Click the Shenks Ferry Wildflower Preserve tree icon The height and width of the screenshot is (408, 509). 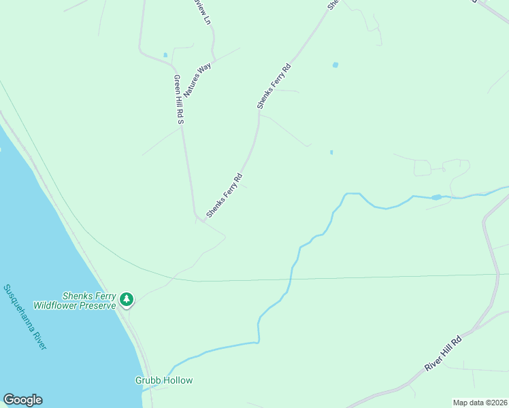[x=126, y=299]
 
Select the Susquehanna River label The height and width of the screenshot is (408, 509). [x=24, y=317]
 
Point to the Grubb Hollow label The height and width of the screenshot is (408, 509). [x=163, y=381]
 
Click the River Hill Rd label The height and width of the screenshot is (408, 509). [x=444, y=354]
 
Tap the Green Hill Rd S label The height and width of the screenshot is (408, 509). [x=179, y=99]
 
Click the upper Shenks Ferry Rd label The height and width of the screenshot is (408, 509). [x=274, y=86]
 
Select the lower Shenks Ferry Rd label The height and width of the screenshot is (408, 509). [x=225, y=196]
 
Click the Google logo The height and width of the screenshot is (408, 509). [x=22, y=400]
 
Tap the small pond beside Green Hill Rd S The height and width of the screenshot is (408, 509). [x=165, y=54]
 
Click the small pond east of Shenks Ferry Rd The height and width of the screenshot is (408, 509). [x=335, y=65]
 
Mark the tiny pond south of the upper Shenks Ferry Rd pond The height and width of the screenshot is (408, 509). [x=331, y=152]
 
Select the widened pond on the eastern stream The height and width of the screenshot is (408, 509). [x=436, y=197]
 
